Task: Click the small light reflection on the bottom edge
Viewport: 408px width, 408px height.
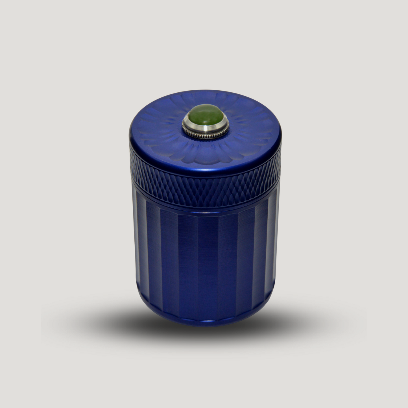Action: click(209, 321)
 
